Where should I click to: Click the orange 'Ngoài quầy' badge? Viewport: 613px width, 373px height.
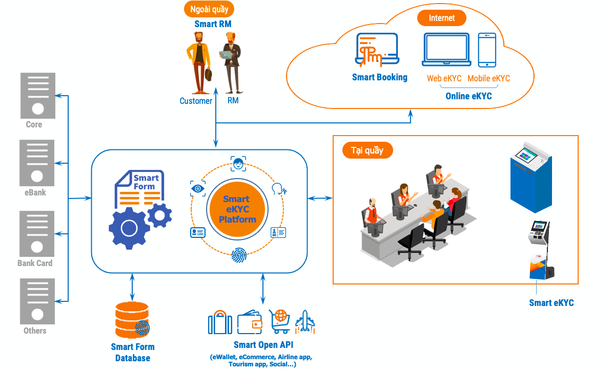click(x=209, y=9)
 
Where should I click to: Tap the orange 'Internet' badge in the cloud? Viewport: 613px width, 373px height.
click(x=441, y=18)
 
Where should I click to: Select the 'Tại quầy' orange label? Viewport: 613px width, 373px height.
click(x=367, y=150)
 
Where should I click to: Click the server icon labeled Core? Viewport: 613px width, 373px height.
click(x=37, y=96)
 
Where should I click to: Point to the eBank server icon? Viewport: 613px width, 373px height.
click(x=37, y=163)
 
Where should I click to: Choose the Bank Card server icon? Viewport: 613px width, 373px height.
click(x=37, y=233)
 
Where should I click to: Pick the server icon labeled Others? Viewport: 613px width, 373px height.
click(x=37, y=301)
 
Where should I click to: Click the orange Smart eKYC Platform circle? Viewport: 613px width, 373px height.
click(x=236, y=209)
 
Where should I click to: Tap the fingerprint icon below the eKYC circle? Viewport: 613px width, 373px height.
click(x=238, y=254)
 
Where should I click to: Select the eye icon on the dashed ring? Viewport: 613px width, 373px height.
click(x=198, y=188)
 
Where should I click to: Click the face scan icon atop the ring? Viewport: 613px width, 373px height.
click(x=238, y=164)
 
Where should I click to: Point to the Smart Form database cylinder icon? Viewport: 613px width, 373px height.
click(x=132, y=319)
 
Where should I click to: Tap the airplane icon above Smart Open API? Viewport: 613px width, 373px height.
click(x=305, y=322)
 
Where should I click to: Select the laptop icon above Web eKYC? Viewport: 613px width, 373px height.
click(x=446, y=50)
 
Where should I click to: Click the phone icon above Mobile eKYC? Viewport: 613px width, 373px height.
click(x=487, y=50)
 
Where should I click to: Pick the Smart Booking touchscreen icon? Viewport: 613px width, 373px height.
click(x=377, y=50)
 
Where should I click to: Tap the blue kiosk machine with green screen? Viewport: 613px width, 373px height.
click(x=530, y=177)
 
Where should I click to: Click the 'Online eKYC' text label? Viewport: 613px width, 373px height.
click(x=468, y=96)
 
